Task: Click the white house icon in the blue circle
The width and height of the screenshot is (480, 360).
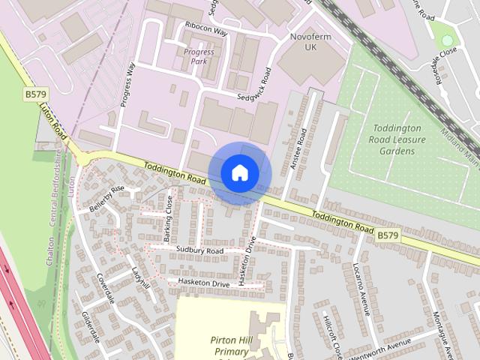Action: [x=239, y=173]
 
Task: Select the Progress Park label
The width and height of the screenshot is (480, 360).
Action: [x=199, y=57]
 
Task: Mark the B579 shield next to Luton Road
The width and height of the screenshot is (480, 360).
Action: [x=34, y=94]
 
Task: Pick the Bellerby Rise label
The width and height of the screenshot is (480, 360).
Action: [x=106, y=199]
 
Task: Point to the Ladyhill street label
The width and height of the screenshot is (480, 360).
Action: [x=141, y=278]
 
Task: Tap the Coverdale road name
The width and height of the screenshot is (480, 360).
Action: [x=105, y=287]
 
